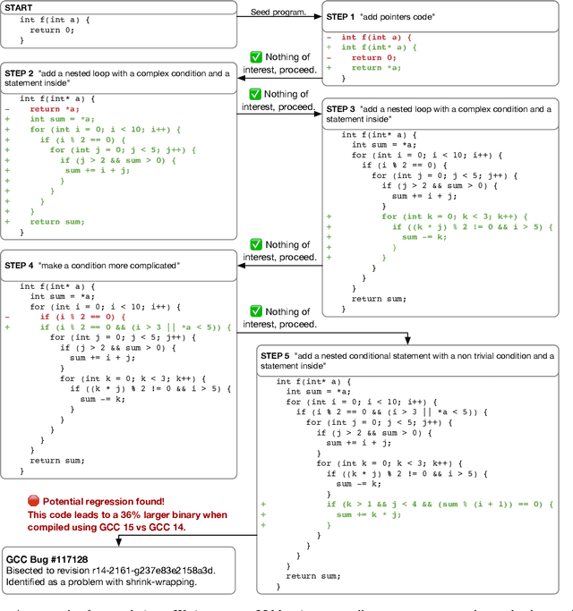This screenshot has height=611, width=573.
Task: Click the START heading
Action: click(x=20, y=7)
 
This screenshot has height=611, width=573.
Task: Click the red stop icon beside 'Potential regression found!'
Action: click(x=33, y=503)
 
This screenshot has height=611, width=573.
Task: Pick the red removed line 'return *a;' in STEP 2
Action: click(x=55, y=108)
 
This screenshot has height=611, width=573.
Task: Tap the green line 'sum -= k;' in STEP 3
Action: click(x=419, y=237)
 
